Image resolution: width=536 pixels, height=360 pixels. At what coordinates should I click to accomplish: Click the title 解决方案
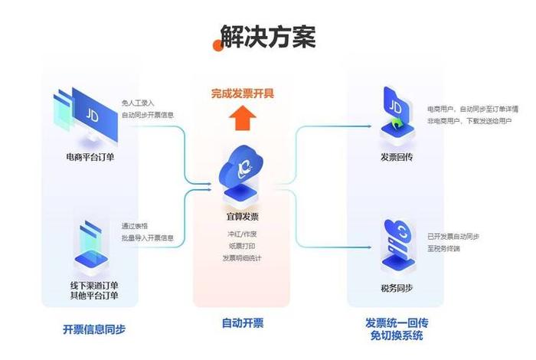click(x=268, y=37)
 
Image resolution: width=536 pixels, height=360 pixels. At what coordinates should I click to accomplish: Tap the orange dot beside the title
click(x=218, y=45)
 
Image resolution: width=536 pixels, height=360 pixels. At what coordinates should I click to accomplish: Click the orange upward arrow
click(x=243, y=119)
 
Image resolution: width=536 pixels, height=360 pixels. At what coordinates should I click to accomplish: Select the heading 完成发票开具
click(x=243, y=94)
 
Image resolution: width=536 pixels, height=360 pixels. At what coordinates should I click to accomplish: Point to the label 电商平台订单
click(x=90, y=159)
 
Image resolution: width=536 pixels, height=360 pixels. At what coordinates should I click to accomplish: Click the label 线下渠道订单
click(x=93, y=285)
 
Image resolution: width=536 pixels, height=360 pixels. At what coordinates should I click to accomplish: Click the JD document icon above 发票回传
click(x=397, y=110)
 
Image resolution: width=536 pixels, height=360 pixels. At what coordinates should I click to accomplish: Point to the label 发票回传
click(x=397, y=157)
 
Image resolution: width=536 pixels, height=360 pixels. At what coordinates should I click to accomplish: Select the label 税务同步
click(x=397, y=289)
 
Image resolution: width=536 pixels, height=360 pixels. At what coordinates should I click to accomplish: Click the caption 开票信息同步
click(x=93, y=329)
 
